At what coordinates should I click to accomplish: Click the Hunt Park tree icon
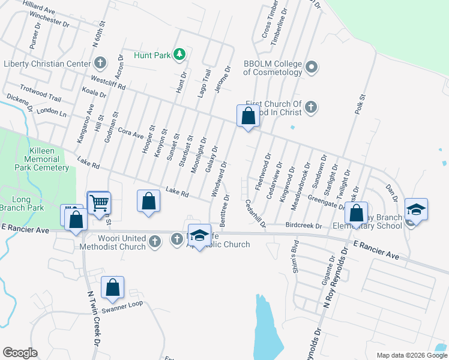coord(179,55)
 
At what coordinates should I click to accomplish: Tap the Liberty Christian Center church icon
coord(100,63)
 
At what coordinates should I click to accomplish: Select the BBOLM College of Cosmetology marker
coord(312,67)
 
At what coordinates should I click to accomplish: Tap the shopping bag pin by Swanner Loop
coord(112,288)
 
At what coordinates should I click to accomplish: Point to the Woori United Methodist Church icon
coord(155,241)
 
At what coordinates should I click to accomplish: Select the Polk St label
coord(360,104)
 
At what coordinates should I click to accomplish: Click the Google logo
coord(20,353)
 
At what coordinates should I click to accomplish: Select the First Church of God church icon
coord(310,107)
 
